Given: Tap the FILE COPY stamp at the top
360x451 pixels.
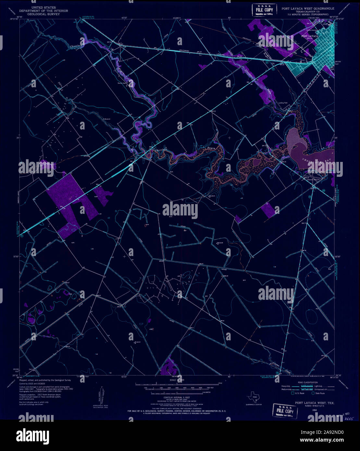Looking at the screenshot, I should (x=264, y=10).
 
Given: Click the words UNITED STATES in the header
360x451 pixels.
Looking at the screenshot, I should (x=43, y=7).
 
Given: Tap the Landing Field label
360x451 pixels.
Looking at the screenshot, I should (x=283, y=103).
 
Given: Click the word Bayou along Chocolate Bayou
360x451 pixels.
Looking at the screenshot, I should (x=212, y=148).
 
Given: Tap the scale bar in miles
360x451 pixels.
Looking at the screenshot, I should (x=177, y=384).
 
